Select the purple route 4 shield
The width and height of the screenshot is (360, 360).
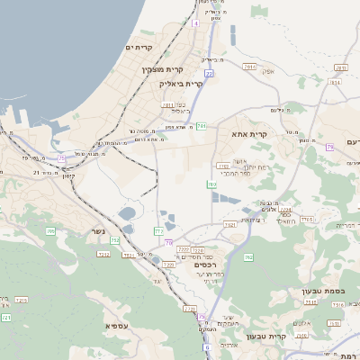194,23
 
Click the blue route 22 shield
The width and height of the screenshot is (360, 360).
209,74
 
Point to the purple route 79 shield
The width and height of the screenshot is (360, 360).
330,146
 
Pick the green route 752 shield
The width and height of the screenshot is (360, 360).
114,240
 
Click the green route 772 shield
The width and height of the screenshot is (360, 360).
159,231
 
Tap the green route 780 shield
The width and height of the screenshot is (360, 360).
212,184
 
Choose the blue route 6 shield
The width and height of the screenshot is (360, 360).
206,347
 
